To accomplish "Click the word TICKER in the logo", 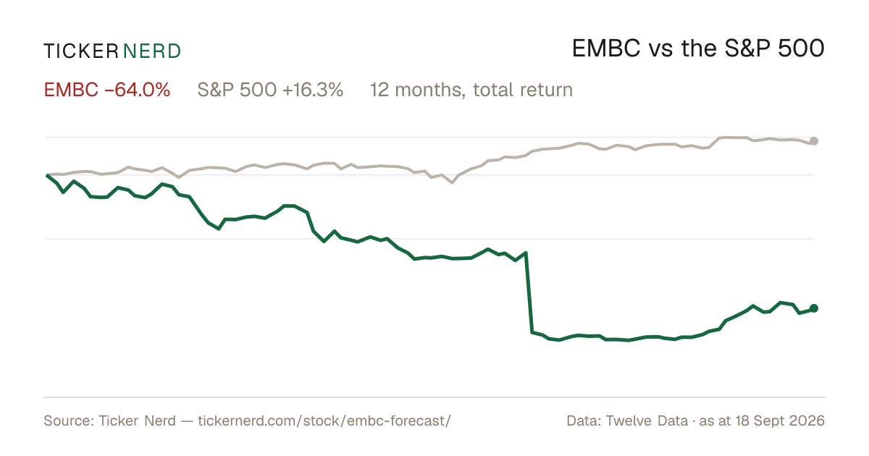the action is click(80, 51).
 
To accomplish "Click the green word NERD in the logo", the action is click(151, 51).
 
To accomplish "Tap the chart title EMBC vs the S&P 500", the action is click(698, 48).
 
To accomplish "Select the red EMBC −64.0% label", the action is click(107, 90).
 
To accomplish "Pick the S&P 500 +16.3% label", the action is click(270, 90).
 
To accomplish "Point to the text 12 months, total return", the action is click(471, 90).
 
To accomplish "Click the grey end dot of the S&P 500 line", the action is click(814, 141).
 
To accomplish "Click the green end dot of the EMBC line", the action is click(814, 308).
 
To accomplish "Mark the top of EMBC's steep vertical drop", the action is click(526, 253).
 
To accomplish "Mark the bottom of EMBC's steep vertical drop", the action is click(532, 332).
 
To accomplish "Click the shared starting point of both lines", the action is click(47, 175).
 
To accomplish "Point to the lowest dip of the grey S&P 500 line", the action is click(452, 182).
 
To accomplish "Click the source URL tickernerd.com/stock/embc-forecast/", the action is click(324, 421).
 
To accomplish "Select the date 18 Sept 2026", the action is click(780, 421).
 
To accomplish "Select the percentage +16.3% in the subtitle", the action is click(313, 90).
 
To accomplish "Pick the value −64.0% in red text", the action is click(138, 90).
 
